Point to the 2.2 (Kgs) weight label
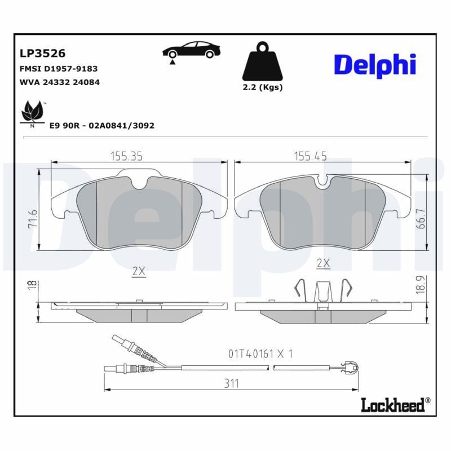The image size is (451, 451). coord(262,87)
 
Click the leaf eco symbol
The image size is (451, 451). coord(32,112)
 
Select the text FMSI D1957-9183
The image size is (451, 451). coord(59,69)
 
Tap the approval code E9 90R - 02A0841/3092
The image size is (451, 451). coord(101,126)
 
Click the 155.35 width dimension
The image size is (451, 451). coord(125,156)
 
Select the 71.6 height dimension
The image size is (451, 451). coord(32,219)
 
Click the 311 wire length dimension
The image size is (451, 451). coord(231,383)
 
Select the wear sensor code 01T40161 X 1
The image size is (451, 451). coord(260,353)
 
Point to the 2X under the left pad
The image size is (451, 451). coord(139,271)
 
